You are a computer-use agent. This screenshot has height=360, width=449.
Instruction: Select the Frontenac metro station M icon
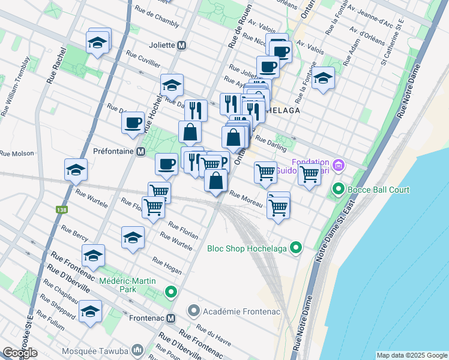click(171, 318)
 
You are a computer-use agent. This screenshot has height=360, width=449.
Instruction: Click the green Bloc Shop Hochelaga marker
click(295, 247)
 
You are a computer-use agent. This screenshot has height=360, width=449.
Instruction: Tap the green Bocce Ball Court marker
click(338, 190)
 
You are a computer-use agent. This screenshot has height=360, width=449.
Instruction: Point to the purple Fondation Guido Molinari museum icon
click(338, 164)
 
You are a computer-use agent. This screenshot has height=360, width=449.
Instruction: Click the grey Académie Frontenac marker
click(193, 310)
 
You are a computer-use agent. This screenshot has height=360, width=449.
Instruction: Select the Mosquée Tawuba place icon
click(138, 349)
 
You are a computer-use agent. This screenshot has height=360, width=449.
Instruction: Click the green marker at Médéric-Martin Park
click(171, 292)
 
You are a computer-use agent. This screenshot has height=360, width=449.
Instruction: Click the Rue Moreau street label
click(246, 199)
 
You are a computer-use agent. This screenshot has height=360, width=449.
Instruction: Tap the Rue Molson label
click(16, 153)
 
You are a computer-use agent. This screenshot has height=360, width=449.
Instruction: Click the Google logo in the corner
click(19, 353)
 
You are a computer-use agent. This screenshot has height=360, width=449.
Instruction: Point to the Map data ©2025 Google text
click(411, 355)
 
